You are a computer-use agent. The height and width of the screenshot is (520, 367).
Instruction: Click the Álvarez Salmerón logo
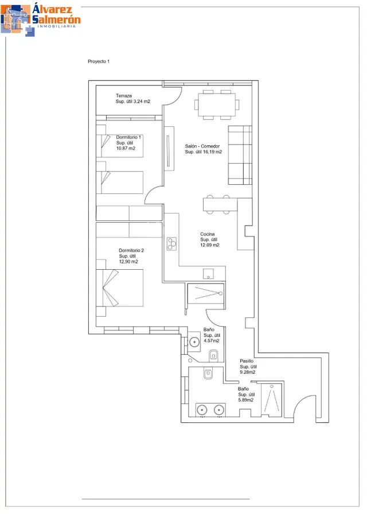40,20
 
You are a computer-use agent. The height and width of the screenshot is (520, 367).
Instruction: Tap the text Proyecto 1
99,61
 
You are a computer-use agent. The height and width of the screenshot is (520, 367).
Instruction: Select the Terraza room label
123,95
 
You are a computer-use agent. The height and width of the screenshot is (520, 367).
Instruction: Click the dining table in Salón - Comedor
217,105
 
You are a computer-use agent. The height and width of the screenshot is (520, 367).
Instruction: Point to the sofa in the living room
240,155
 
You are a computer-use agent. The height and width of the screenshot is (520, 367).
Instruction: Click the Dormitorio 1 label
128,137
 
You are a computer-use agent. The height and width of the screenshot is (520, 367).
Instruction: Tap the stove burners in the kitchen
172,244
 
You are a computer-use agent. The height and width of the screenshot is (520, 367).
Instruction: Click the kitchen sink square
208,274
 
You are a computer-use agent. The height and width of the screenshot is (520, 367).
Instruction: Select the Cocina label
208,234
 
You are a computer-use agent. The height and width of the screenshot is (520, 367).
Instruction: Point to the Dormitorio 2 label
131,250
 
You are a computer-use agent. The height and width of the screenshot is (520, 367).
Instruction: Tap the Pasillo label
247,361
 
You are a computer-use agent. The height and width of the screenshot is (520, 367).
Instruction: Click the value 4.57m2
212,340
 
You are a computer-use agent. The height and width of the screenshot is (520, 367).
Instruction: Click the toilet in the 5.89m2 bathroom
208,374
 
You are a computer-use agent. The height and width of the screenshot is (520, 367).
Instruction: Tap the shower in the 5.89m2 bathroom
272,399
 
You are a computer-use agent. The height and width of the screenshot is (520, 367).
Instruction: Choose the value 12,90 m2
128,262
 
